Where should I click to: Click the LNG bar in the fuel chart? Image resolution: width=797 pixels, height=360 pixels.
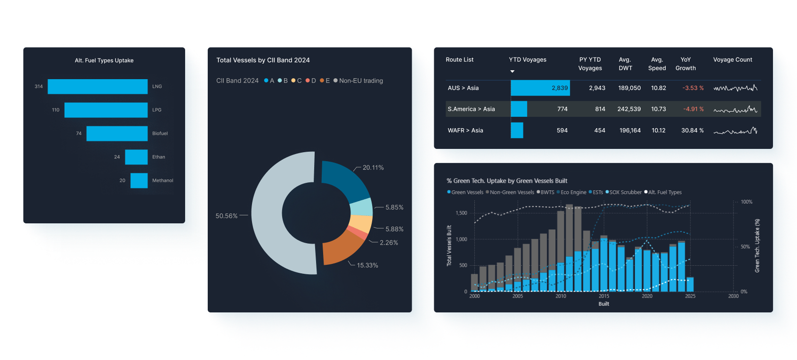[x=98, y=87]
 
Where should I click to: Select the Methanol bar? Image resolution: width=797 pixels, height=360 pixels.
[x=139, y=180]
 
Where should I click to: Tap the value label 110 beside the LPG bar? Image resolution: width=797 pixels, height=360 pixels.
[x=56, y=110]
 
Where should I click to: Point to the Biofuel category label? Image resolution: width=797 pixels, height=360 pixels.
[x=160, y=133]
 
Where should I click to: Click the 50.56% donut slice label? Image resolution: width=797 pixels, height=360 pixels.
[x=227, y=216]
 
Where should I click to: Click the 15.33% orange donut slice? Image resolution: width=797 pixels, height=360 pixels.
[x=341, y=247]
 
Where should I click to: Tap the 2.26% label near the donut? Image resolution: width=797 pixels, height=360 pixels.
[x=389, y=243]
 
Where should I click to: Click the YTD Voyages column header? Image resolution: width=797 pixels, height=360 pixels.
[x=528, y=60]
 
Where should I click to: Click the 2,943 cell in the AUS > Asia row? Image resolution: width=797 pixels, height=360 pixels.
[x=597, y=88]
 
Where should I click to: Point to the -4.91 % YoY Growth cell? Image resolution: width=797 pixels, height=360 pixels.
[x=693, y=109]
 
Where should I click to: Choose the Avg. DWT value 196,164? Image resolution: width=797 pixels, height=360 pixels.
[x=630, y=131]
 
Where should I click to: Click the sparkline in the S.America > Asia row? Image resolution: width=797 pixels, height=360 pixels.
[x=735, y=110]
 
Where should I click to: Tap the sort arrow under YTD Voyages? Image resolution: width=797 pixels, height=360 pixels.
[x=512, y=72]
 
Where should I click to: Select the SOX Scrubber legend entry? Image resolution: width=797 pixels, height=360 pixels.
[x=625, y=192]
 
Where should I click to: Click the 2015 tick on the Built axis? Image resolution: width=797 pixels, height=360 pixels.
[x=604, y=296]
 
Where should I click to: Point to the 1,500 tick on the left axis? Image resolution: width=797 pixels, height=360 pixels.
[x=461, y=213]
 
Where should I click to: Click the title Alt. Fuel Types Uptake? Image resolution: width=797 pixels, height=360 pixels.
[x=104, y=60]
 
